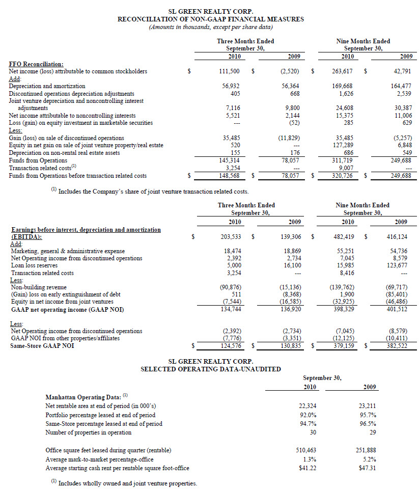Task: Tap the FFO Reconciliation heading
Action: coord(36,64)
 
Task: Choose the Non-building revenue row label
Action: coord(39,287)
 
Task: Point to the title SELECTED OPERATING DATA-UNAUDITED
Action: coord(210,369)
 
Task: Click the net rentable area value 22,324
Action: coord(309,406)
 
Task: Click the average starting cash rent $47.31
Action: coord(367,468)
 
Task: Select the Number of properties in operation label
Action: coord(89,432)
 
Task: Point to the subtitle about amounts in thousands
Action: coord(210,27)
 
